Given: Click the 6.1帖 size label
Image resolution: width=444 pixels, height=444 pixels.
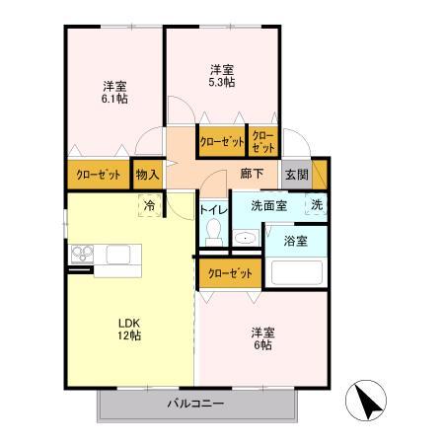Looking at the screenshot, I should click(x=115, y=99).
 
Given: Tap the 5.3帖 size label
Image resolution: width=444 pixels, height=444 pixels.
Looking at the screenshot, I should click(x=222, y=83).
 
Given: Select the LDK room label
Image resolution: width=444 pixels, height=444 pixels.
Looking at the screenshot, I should click(x=129, y=322).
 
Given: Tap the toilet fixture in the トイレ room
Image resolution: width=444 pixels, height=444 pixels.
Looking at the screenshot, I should click(x=212, y=233).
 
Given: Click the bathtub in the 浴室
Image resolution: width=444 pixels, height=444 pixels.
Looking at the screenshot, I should click(x=297, y=270).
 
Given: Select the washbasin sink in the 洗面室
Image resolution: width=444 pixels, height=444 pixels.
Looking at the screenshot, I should click(x=244, y=238).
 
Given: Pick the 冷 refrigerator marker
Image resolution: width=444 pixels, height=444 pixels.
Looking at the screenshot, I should click(x=149, y=205).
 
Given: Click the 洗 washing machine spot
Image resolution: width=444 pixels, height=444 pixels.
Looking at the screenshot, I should click(x=317, y=205).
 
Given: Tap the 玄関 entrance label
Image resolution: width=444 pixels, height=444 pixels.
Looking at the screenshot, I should click(x=296, y=174).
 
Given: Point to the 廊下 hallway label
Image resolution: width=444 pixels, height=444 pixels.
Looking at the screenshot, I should click(x=252, y=173).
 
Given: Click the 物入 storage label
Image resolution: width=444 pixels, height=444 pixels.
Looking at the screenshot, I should click(x=146, y=174).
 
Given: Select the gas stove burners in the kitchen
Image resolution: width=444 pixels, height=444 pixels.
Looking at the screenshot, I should click(x=80, y=256).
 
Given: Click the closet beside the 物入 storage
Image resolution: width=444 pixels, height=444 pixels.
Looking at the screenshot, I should click(x=98, y=174).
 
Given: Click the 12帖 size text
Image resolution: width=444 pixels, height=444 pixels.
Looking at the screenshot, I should click(x=129, y=335).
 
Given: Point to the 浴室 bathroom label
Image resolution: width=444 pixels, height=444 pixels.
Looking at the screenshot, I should click(x=296, y=240).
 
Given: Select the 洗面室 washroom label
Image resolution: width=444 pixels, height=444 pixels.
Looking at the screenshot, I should click(x=267, y=206).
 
